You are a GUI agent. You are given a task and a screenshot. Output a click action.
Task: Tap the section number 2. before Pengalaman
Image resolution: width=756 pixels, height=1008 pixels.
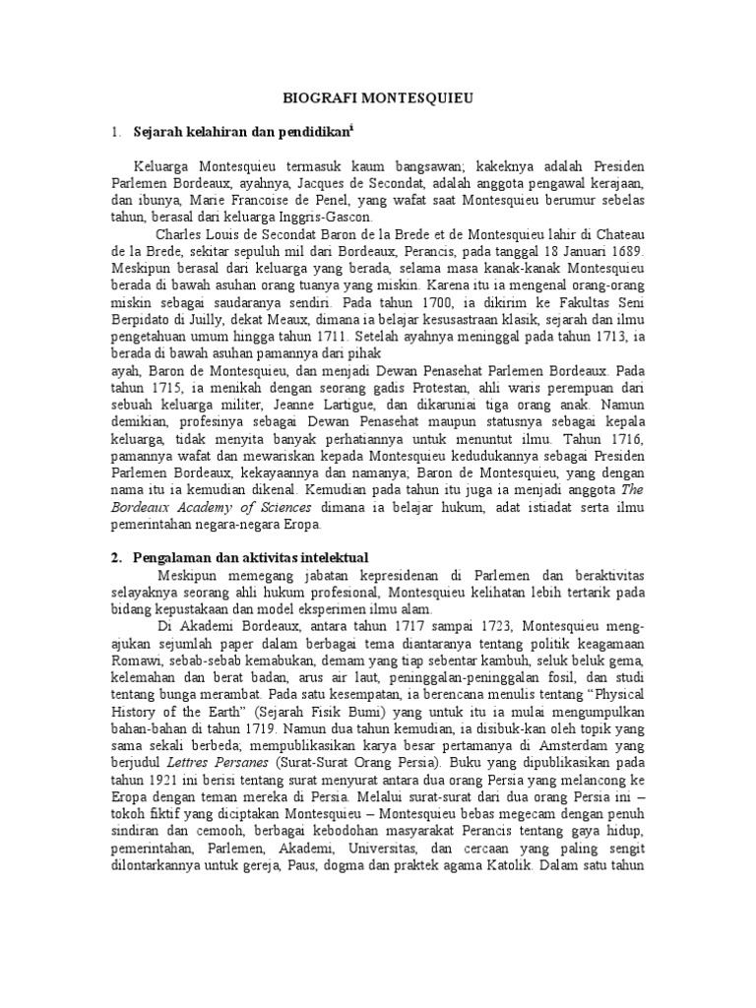tap(116, 558)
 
